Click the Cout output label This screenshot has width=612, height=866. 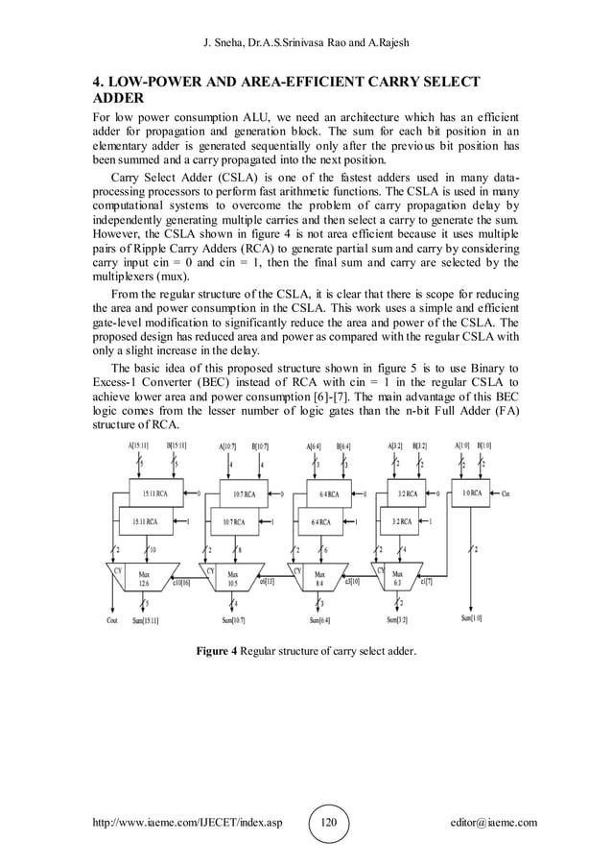(111, 620)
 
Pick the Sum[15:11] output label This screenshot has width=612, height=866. (146, 620)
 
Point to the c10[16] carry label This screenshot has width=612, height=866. (183, 581)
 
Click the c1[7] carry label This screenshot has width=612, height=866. (426, 581)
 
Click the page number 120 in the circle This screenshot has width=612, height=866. (329, 823)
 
